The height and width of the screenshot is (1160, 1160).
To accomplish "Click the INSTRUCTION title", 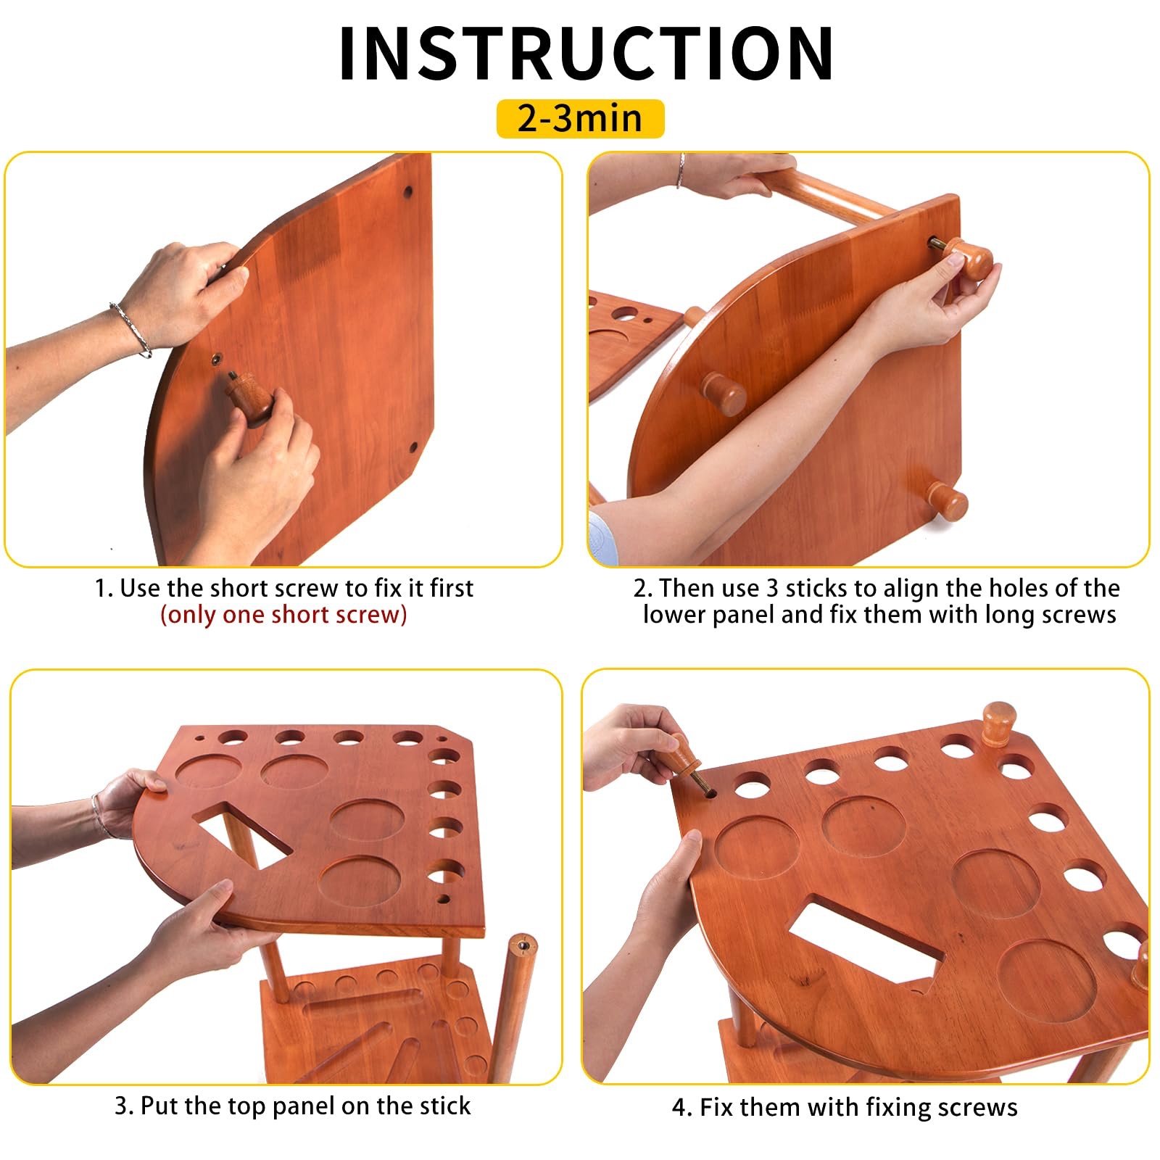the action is click(x=586, y=54).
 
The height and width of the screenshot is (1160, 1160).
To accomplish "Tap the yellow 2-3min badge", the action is click(x=580, y=118).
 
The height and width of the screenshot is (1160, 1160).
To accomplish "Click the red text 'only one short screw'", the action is click(x=283, y=615).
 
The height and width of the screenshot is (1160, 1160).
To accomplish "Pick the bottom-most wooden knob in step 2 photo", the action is click(x=946, y=501).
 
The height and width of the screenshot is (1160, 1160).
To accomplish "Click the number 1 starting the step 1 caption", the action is click(x=101, y=588).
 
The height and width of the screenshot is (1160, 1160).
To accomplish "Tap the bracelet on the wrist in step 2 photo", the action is click(x=680, y=170).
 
